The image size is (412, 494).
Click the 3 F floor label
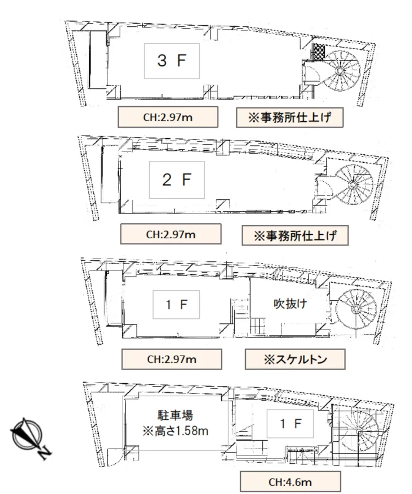pyautogui.click(x=172, y=60)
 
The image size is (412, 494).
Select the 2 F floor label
pyautogui.click(x=176, y=180)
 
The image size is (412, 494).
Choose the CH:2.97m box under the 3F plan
pyautogui.click(x=168, y=117)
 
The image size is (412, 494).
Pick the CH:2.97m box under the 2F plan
pyautogui.click(x=171, y=234)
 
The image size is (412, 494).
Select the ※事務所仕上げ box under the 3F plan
pyautogui.click(x=284, y=117)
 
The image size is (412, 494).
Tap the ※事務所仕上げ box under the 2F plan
pyautogui.click(x=289, y=236)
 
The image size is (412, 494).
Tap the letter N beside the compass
pyautogui.click(x=46, y=452)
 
